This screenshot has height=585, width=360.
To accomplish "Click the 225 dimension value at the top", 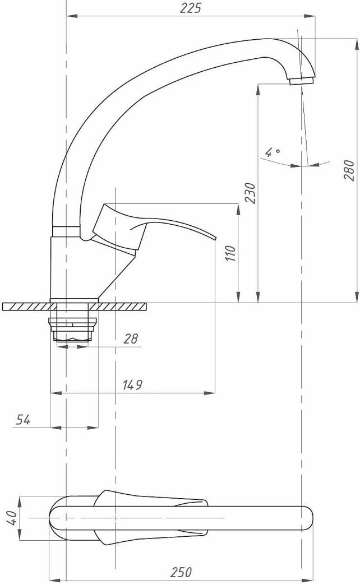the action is (190, 8).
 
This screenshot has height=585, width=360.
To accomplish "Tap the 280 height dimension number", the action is (349, 170).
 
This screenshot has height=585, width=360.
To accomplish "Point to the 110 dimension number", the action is (231, 254).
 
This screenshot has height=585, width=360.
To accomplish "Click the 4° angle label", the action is (272, 152).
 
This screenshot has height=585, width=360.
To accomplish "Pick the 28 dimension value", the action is (131, 339).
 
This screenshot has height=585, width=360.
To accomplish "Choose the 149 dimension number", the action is (132, 384).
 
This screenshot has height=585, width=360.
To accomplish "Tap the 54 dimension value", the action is (23, 420).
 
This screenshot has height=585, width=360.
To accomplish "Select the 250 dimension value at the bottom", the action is (182, 572).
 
